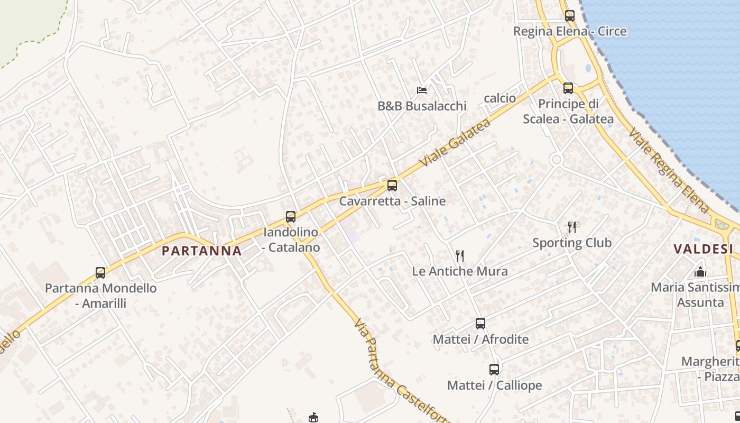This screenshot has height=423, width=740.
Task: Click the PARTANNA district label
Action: point(201,251)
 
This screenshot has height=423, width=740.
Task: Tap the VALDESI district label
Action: point(702,249)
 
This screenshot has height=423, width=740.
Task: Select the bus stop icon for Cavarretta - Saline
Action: point(392,186)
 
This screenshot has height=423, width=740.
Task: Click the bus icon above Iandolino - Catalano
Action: point(290,216)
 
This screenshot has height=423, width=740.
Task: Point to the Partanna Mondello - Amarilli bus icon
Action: point(100,273)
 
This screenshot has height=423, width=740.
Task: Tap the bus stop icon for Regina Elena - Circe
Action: point(569,16)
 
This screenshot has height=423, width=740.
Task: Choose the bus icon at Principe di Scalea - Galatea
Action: point(568,88)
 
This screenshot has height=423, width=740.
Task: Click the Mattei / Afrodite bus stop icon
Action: point(480,324)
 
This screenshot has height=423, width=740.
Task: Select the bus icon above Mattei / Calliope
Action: point(494,370)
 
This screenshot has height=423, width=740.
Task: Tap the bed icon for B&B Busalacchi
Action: point(422,90)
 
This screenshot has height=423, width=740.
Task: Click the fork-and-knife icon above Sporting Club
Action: point(571,227)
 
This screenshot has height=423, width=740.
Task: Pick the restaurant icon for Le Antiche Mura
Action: point(460,256)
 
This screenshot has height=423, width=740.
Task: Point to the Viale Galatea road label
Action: point(455,143)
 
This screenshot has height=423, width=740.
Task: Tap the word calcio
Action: point(499,98)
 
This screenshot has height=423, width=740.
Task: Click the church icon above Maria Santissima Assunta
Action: point(700,272)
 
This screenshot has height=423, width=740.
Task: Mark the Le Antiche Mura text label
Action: point(460,271)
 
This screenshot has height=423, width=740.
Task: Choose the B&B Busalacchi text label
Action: point(422,106)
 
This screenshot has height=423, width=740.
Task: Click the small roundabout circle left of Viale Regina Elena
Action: point(556,159)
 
